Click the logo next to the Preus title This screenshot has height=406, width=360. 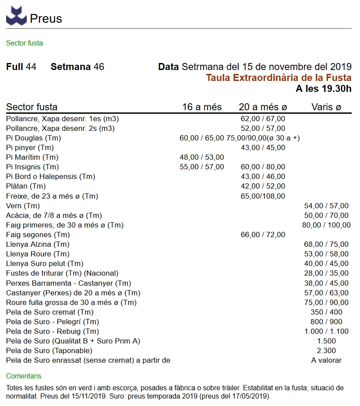click(x=16, y=16)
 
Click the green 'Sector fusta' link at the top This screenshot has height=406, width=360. click(x=25, y=43)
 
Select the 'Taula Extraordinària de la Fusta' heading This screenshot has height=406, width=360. click(x=279, y=78)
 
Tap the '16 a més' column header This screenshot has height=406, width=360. click(x=202, y=107)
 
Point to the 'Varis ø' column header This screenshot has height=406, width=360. click(x=326, y=107)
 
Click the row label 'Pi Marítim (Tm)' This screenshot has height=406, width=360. click(x=32, y=157)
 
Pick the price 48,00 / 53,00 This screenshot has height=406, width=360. click(x=202, y=157)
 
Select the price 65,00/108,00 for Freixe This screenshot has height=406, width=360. click(x=263, y=196)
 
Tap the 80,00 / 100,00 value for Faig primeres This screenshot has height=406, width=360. click(x=326, y=225)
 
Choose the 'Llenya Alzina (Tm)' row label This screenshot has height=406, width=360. click(x=38, y=244)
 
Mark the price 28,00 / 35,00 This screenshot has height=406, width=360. click(x=326, y=273)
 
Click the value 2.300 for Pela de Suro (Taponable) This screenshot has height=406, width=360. click(x=326, y=350)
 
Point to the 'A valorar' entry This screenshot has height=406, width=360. click(x=326, y=360)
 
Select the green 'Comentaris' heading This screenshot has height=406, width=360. click(x=24, y=376)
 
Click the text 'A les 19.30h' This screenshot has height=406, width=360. click(x=324, y=89)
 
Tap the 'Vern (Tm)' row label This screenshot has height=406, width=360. click(x=23, y=206)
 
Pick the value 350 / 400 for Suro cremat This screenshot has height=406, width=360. click(x=326, y=312)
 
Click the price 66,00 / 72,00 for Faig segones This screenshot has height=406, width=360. click(x=263, y=234)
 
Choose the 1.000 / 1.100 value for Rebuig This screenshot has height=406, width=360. click(x=326, y=331)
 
